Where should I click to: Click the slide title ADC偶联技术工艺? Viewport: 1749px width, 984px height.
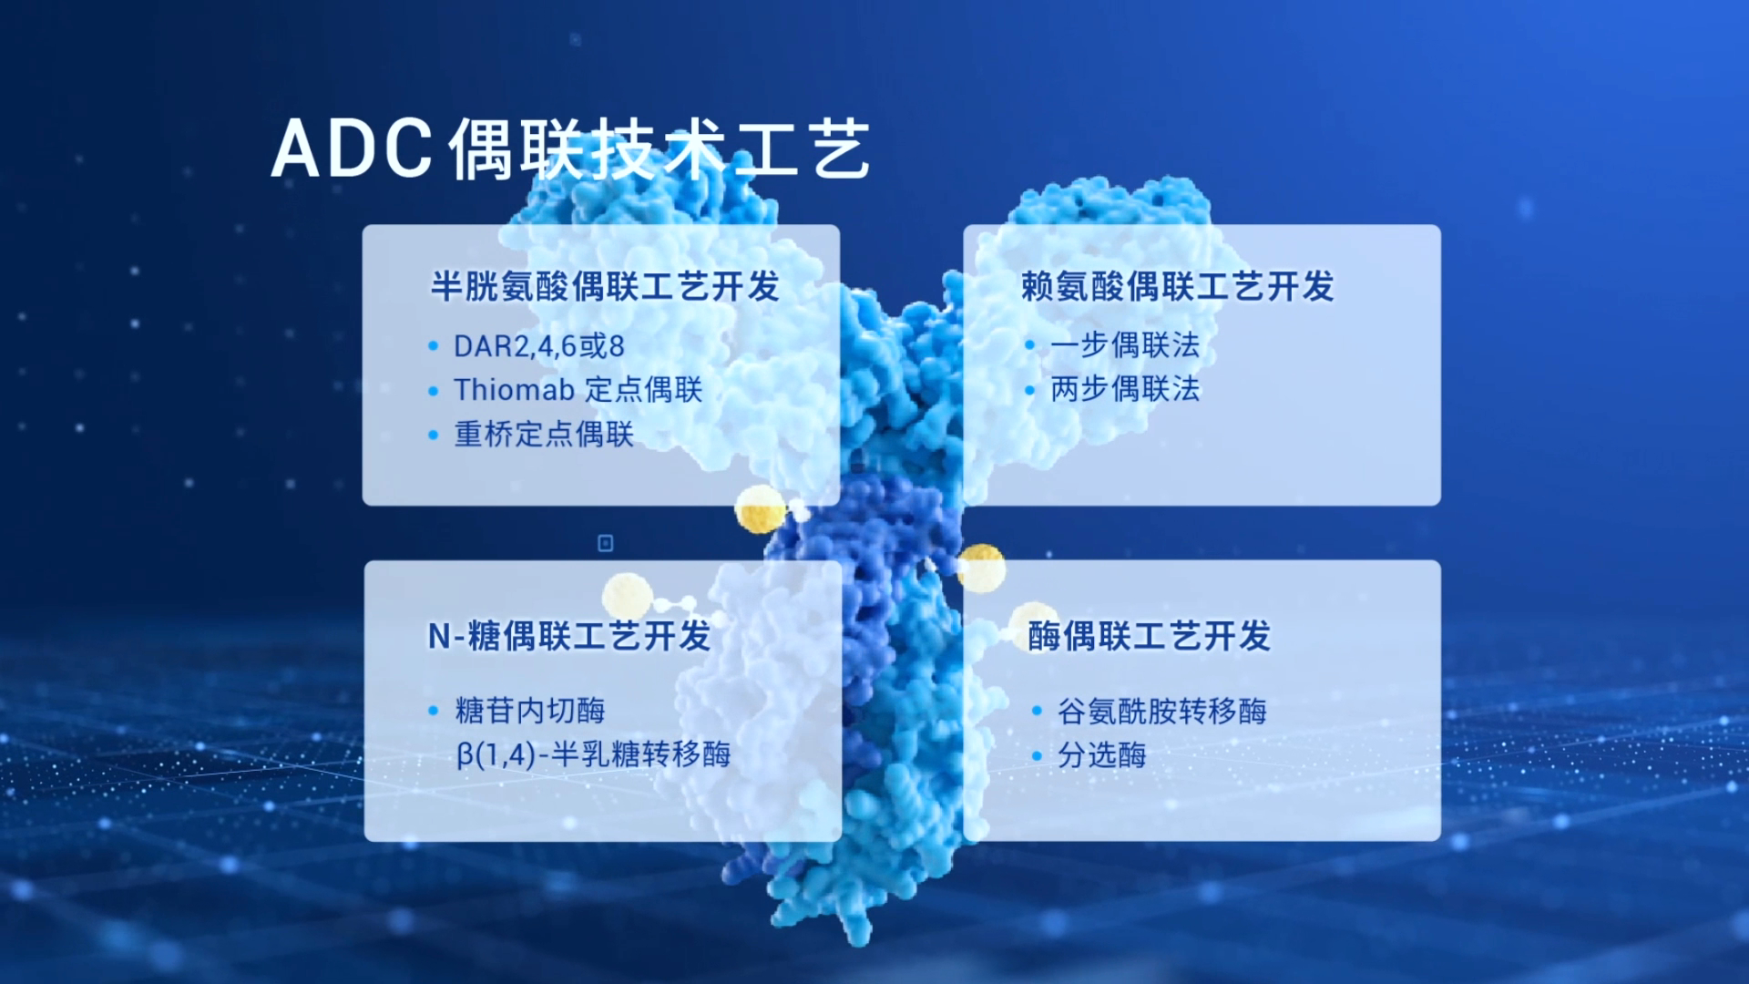[x=571, y=149]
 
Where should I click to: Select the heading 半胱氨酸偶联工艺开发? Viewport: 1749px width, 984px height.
[x=606, y=286]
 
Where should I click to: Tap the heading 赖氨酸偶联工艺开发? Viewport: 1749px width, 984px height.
[x=1178, y=286]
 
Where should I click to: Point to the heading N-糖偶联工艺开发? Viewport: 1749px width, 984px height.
[x=569, y=636]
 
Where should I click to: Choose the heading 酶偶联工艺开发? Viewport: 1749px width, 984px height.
[x=1150, y=636]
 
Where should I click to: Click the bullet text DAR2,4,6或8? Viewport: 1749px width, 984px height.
[x=539, y=346]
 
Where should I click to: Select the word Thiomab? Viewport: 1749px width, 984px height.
[x=514, y=390]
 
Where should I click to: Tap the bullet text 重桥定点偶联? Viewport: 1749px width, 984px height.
[x=544, y=434]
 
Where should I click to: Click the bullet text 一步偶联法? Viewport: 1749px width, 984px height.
[x=1126, y=345]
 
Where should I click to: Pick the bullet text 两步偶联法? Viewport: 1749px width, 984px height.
[x=1126, y=389]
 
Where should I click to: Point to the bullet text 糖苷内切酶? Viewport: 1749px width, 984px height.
[x=530, y=711]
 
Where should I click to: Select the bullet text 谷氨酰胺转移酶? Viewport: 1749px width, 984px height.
[x=1162, y=711]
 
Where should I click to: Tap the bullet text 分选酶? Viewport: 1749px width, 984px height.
[x=1102, y=754]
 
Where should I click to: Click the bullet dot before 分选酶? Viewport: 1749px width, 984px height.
[x=1037, y=755]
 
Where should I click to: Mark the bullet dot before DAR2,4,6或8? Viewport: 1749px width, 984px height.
[x=434, y=347]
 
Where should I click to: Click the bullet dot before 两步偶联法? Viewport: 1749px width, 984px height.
[x=1029, y=391]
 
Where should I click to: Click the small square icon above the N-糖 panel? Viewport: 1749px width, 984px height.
[x=605, y=543]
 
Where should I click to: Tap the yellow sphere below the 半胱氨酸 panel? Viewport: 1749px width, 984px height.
[x=760, y=509]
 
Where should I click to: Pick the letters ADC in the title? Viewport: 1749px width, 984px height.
[x=352, y=149]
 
